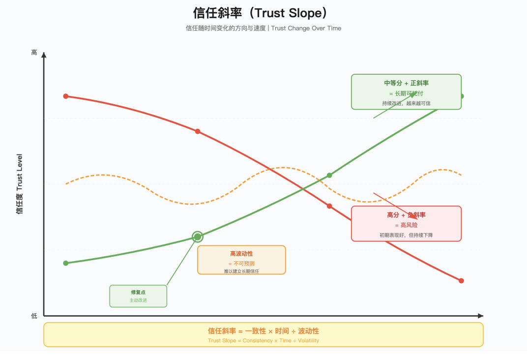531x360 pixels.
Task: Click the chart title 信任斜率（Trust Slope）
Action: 260,13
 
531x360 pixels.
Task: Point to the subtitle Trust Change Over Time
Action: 306,28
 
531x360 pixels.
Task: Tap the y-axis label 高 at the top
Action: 34,52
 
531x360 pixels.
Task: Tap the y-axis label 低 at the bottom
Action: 34,316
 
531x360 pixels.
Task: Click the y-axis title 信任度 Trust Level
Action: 20,184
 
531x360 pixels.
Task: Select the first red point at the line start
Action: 65,96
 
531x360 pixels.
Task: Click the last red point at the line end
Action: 461,281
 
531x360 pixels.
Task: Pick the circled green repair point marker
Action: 198,237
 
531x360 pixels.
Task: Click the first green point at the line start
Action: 65,263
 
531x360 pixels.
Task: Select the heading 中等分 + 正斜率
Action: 406,83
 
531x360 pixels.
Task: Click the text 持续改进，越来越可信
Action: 406,103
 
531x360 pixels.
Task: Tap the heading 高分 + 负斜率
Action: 406,215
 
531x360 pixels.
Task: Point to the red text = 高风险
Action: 406,225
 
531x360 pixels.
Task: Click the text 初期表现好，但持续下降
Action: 406,235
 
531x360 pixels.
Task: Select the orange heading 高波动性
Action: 241,254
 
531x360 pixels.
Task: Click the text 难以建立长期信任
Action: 241,271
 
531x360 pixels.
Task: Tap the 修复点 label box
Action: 138,296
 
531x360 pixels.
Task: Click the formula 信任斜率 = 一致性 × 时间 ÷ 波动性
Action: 264,331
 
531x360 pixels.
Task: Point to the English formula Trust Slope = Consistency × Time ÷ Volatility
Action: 264,340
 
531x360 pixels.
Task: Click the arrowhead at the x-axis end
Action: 480,316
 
